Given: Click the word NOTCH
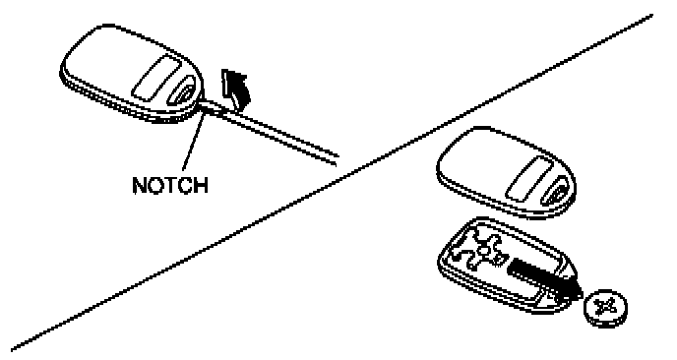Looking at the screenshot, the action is point(170,185).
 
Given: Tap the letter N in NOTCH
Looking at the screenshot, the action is point(140,185).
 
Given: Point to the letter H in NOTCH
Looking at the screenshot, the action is point(201,185).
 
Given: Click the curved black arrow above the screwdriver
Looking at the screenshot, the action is point(234,90).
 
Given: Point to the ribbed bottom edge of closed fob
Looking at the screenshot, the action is point(125,103).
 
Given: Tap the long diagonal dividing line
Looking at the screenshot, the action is point(332,181).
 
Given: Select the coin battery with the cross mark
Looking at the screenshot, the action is point(605,308).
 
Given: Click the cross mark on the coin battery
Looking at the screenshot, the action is point(605,307).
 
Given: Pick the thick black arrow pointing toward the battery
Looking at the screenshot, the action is point(544,277).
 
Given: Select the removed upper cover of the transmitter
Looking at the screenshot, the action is point(506,173).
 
